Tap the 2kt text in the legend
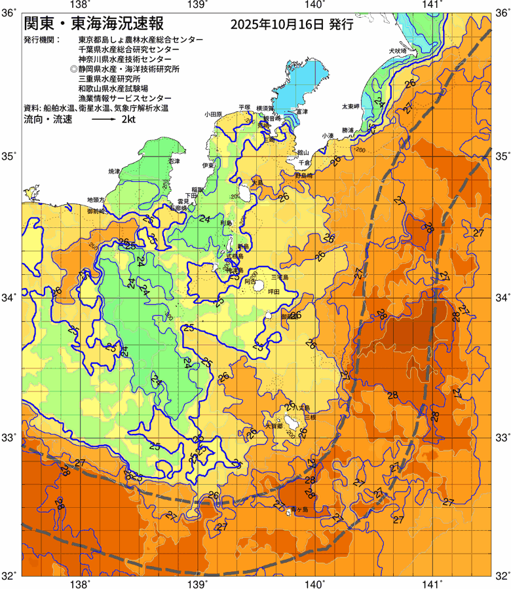point(129,120)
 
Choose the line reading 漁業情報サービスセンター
point(120,98)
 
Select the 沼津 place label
point(174,160)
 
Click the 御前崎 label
point(96,211)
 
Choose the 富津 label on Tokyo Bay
point(302,112)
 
